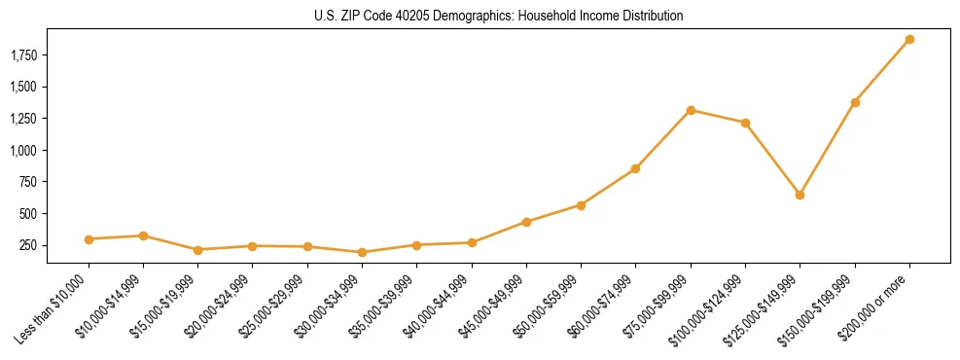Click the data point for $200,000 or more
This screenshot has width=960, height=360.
click(x=909, y=40)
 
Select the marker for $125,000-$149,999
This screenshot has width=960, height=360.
click(x=800, y=195)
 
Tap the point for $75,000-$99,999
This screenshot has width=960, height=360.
click(x=691, y=110)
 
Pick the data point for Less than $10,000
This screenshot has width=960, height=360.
click(x=89, y=239)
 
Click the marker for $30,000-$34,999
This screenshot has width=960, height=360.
click(x=362, y=252)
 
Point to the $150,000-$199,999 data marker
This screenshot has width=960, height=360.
click(x=855, y=102)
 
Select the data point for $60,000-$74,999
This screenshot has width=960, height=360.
click(x=635, y=169)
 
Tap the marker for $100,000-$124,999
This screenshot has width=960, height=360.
click(x=745, y=123)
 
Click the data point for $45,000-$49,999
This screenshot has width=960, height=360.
click(x=526, y=222)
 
